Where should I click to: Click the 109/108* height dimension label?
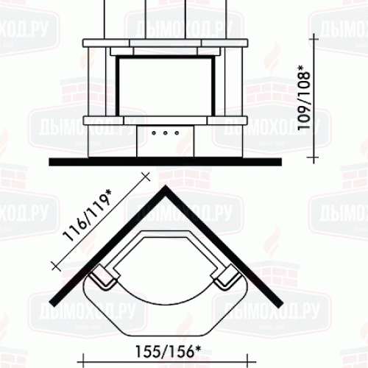click(x=304, y=97)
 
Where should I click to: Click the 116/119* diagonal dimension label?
click(x=87, y=216)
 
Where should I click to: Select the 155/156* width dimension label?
click(x=169, y=352)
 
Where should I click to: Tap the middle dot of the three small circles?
click(x=166, y=133)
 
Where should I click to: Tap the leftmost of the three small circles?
click(x=154, y=133)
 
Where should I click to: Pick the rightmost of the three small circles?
click(x=177, y=133)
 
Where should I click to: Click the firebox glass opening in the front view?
click(x=166, y=86)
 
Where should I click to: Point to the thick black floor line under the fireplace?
click(x=165, y=162)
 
